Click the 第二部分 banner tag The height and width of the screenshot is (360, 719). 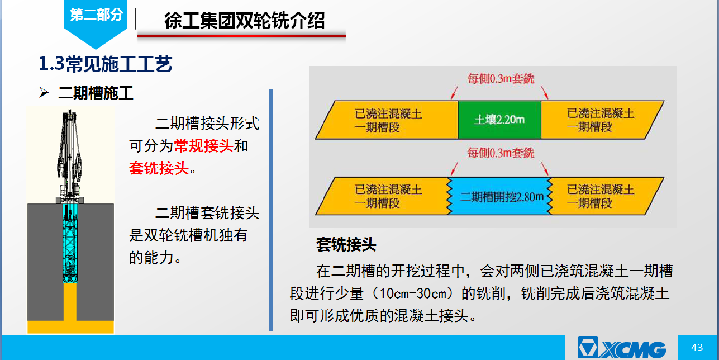pyautogui.click(x=96, y=19)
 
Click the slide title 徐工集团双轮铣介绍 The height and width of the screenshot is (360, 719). pyautogui.click(x=245, y=21)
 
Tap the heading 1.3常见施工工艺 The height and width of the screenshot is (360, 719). pyautogui.click(x=105, y=64)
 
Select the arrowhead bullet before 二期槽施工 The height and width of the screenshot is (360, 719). pyautogui.click(x=44, y=92)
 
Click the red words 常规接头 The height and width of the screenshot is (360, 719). pyautogui.click(x=203, y=146)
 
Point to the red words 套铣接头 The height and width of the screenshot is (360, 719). pyautogui.click(x=159, y=168)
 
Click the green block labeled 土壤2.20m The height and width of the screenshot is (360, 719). pyautogui.click(x=499, y=120)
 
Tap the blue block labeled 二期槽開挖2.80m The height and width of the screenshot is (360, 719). pyautogui.click(x=500, y=196)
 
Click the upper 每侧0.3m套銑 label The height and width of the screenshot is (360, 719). pyautogui.click(x=501, y=78)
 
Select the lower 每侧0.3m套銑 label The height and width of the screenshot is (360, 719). pyautogui.click(x=501, y=153)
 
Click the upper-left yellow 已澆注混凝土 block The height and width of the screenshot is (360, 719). pyautogui.click(x=387, y=120)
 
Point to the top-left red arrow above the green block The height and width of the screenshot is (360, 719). pyautogui.click(x=454, y=93)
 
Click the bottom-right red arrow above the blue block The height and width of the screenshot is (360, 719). pyautogui.click(x=545, y=169)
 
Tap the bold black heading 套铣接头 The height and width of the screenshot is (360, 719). pyautogui.click(x=346, y=245)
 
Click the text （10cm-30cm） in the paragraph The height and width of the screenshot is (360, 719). pyautogui.click(x=412, y=293)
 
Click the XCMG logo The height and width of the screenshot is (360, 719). pyautogui.click(x=621, y=348)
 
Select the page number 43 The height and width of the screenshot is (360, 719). pyautogui.click(x=697, y=348)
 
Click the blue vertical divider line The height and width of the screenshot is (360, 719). pyautogui.click(x=271, y=210)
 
